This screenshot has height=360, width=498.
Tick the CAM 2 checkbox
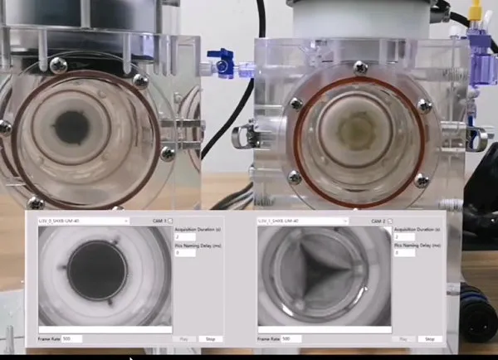pyautogui.click(x=390, y=221)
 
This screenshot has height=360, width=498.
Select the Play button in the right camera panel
pyautogui.click(x=404, y=339)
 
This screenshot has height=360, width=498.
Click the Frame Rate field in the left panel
pyautogui.click(x=71, y=339)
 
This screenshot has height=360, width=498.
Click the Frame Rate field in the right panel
pyautogui.click(x=290, y=339)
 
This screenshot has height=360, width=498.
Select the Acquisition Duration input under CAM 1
pyautogui.click(x=184, y=237)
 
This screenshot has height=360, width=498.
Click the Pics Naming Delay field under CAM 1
pyautogui.click(x=184, y=253)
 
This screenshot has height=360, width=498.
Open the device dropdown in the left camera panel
pyautogui.click(x=83, y=221)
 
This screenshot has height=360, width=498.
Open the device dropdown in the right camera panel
pyautogui.click(x=302, y=221)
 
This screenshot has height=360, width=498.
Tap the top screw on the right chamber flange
pyautogui.click(x=359, y=67)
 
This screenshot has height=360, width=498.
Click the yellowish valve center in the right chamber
pyautogui.click(x=358, y=132)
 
